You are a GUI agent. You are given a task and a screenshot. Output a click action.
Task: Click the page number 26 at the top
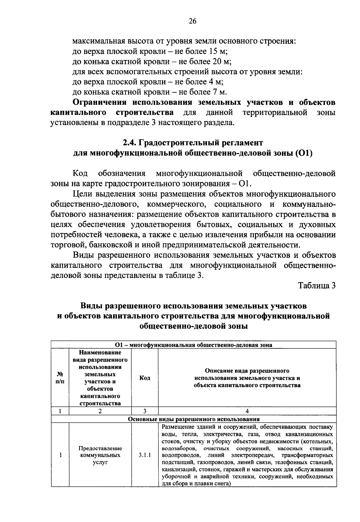pos(193,21)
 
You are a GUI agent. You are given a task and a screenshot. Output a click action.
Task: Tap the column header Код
pos(145,378)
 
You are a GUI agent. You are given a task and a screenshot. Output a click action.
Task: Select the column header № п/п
pos(60,378)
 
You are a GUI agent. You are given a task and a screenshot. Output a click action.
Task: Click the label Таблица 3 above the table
pos(316,286)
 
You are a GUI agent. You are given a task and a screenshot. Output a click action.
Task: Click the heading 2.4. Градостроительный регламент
pos(193,142)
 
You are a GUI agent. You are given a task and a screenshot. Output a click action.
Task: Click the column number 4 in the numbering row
pos(247,411)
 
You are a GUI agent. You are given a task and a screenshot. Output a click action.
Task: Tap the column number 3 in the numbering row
pos(145,411)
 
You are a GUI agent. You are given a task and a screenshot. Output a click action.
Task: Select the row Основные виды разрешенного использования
pos(193,419)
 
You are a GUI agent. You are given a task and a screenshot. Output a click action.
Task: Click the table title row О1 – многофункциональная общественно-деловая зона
pos(193,345)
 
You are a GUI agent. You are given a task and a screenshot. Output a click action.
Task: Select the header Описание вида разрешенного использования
pos(247,378)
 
